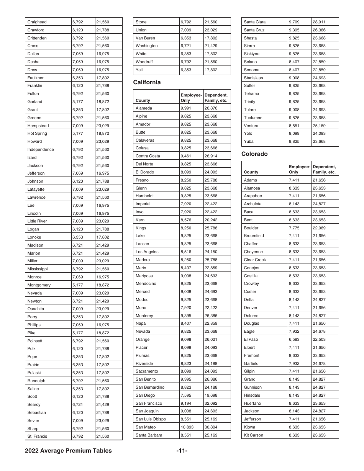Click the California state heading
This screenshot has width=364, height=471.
tap(147, 82)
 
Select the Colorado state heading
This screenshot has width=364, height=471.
tap(254, 154)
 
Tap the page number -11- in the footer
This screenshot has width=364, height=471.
tap(182, 451)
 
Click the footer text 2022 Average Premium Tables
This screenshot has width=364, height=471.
tap(69, 451)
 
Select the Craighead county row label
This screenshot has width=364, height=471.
tap(37, 22)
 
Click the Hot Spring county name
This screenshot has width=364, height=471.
tap(37, 133)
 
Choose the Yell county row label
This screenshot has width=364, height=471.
tap(139, 70)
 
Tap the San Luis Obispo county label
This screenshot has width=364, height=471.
tap(151, 419)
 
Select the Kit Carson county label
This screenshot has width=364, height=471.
tap(253, 435)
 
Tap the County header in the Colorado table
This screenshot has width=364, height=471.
tap(251, 172)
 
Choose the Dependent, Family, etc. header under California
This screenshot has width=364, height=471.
tap(216, 98)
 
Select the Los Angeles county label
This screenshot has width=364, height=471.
tap(147, 252)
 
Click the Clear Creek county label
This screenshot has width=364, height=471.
tap(255, 260)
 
